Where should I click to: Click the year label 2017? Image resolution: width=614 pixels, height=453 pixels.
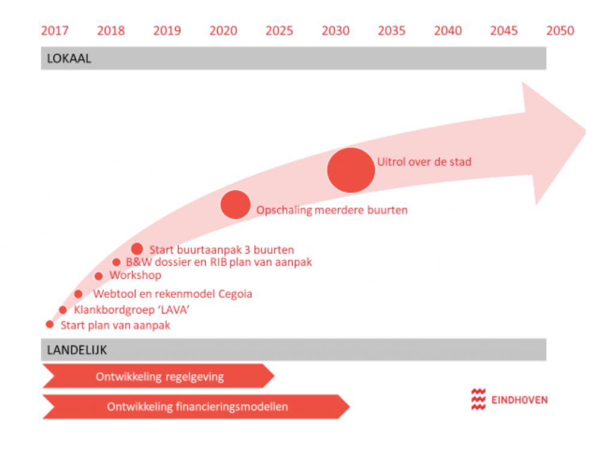[55, 31]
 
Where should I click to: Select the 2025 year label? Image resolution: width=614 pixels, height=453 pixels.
[279, 31]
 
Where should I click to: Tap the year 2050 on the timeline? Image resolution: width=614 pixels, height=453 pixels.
[560, 31]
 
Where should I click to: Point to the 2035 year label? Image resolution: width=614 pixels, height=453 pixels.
[392, 31]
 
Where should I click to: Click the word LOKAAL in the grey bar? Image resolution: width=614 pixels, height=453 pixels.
[69, 58]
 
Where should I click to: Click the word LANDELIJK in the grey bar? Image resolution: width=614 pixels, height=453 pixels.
[77, 350]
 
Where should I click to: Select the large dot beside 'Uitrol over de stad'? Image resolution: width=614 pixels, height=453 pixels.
[351, 170]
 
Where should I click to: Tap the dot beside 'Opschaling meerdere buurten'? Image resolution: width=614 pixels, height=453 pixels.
[235, 205]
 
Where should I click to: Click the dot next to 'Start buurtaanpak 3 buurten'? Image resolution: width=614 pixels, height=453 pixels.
[137, 249]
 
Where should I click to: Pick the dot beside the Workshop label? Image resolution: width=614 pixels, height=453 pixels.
[99, 276]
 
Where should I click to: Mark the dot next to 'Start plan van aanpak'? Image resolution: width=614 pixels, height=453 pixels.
[50, 325]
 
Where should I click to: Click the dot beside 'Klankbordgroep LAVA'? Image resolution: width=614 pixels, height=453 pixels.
[63, 310]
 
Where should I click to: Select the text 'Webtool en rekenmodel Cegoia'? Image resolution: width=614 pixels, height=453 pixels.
[173, 294]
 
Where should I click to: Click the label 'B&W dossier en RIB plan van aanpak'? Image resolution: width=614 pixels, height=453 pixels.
[219, 262]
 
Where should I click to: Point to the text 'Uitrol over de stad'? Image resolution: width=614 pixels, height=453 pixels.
[424, 162]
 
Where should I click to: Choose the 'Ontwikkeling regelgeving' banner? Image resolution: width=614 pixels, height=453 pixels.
[158, 376]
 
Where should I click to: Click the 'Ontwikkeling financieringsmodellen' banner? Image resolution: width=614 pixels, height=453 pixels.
[196, 407]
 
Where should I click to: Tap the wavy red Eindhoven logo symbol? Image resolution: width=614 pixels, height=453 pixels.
[478, 400]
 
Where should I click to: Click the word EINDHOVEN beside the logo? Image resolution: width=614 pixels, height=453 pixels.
[520, 400]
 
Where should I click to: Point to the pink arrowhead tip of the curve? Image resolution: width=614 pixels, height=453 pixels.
[585, 131]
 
